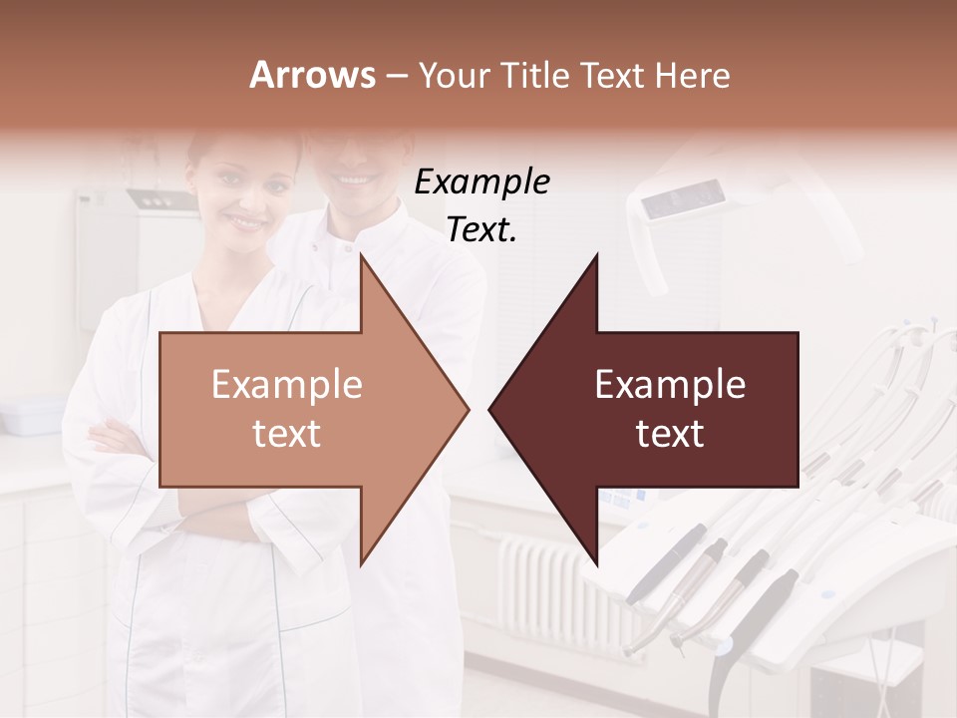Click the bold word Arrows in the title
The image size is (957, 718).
313,75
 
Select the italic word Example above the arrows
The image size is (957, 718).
482,182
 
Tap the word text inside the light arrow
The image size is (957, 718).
287,435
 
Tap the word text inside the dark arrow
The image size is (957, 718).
670,435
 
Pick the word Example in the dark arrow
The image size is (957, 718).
670,385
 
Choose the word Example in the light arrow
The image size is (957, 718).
287,385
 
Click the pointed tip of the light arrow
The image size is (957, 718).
464,409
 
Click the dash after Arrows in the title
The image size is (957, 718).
396,76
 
